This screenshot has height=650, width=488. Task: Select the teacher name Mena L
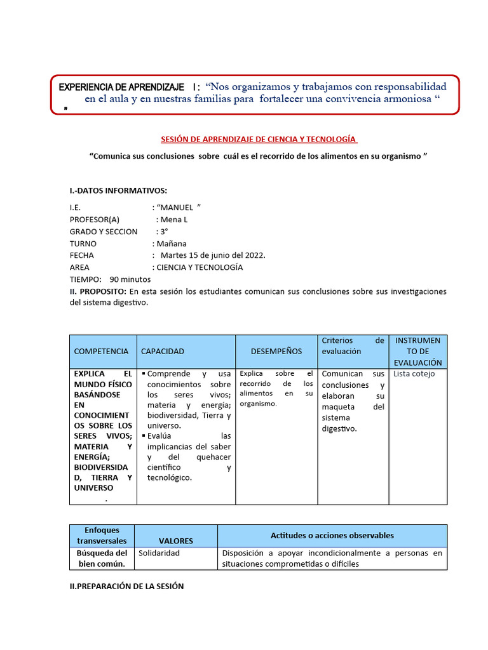pyautogui.click(x=175, y=219)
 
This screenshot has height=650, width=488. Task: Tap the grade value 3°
pyautogui.click(x=164, y=231)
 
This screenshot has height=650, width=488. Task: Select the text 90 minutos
pyautogui.click(x=130, y=279)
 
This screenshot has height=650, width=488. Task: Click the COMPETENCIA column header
pyautogui.click(x=101, y=351)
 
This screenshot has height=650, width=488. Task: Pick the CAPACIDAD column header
pyautogui.click(x=163, y=351)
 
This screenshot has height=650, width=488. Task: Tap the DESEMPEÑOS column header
pyautogui.click(x=276, y=351)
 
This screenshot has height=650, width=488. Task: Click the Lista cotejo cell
pyautogui.click(x=414, y=374)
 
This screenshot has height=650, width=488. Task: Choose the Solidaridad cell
pyautogui.click(x=159, y=553)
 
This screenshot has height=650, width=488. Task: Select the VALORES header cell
pyautogui.click(x=176, y=541)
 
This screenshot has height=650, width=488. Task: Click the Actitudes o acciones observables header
pyautogui.click(x=332, y=535)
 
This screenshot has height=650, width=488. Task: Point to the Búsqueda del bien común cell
pyautogui.click(x=102, y=559)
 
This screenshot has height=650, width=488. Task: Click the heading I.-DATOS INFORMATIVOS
pyautogui.click(x=118, y=190)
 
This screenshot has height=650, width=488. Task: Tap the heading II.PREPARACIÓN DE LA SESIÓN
pyautogui.click(x=126, y=587)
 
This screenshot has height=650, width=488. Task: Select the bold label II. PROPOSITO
pyautogui.click(x=98, y=291)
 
